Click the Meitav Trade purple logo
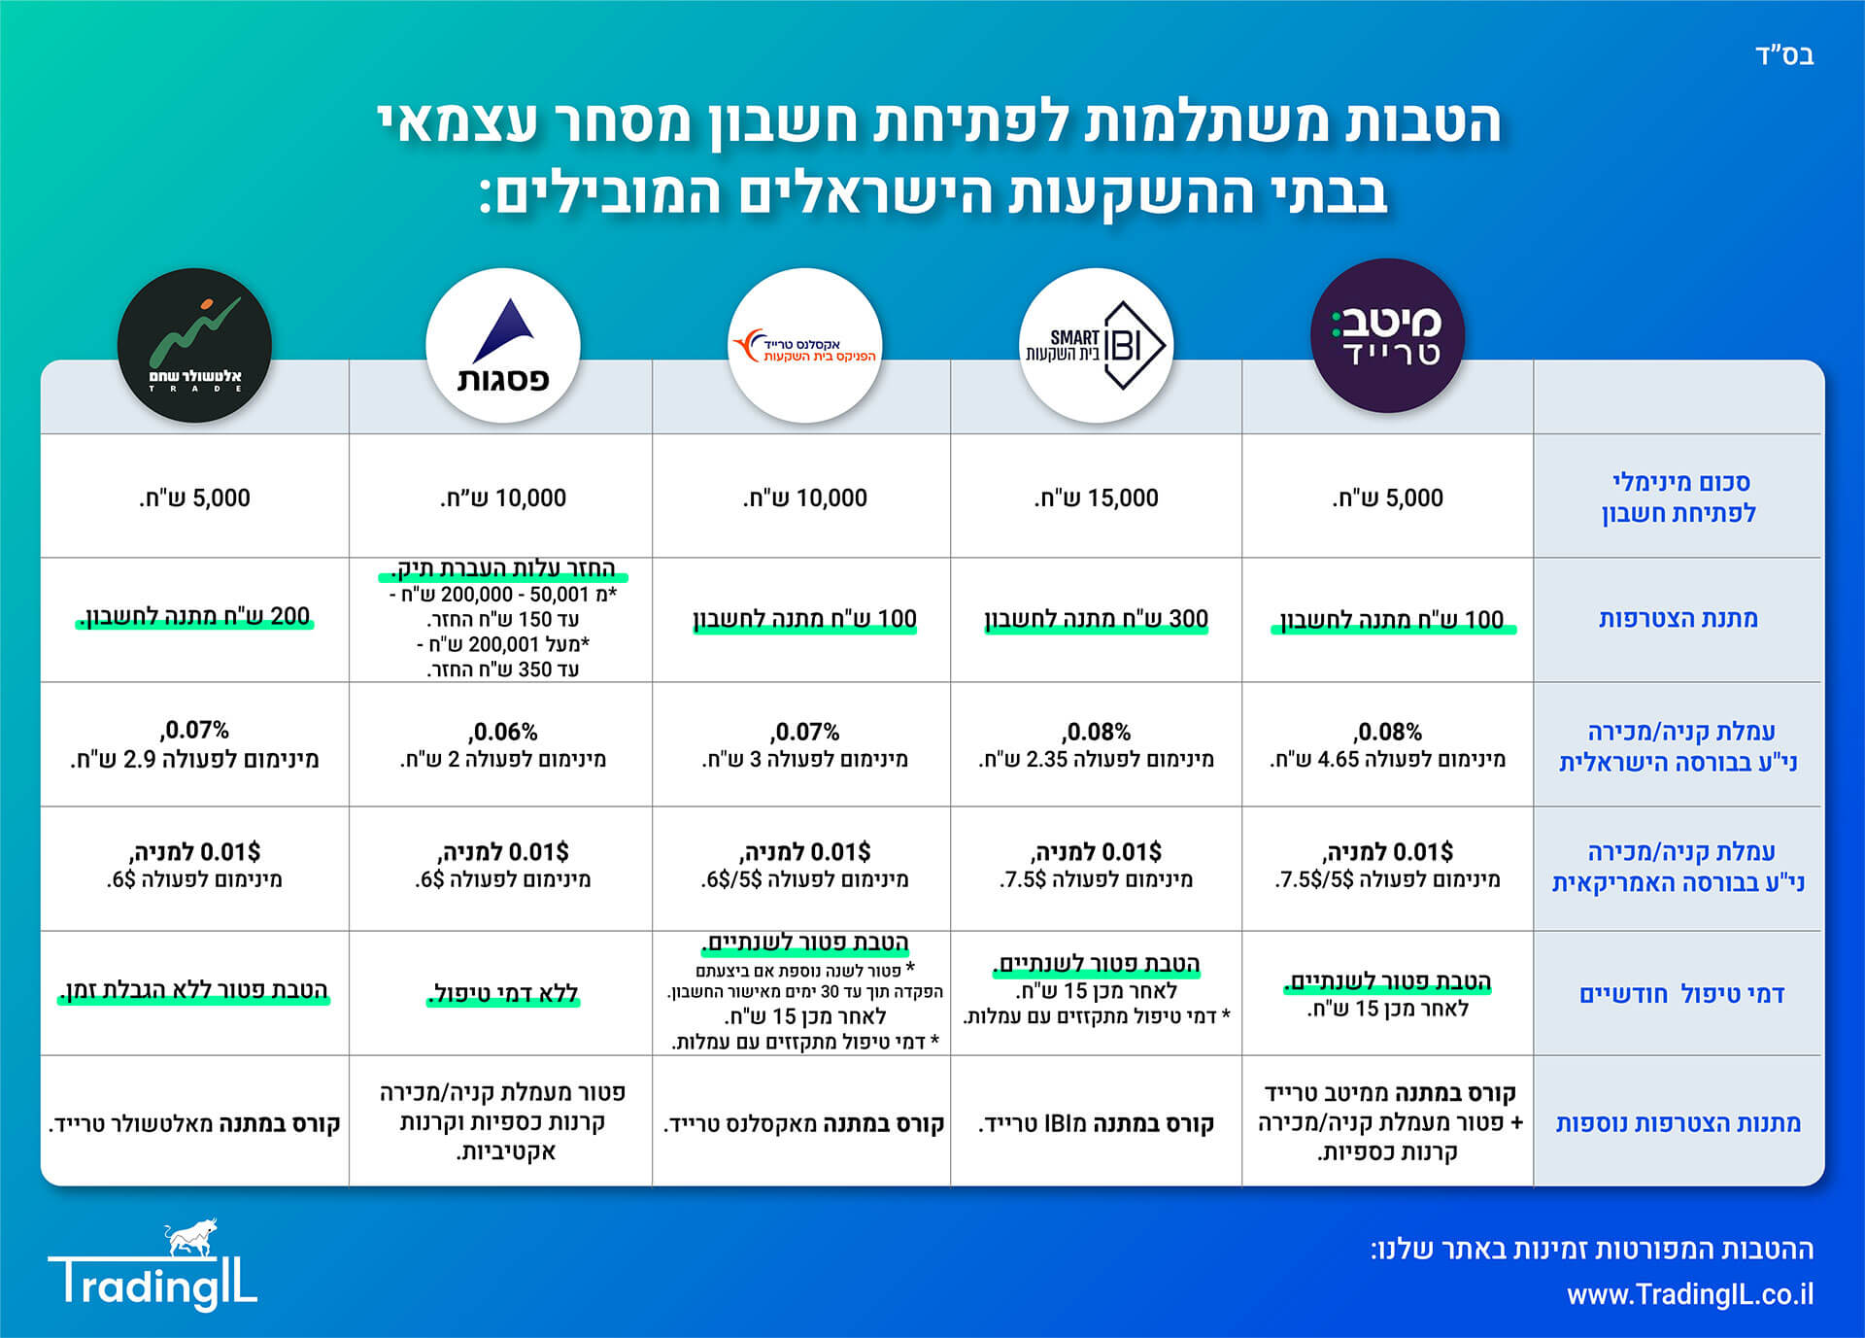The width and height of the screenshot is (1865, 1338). [x=1387, y=336]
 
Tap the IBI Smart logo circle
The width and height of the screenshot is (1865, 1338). [x=1096, y=346]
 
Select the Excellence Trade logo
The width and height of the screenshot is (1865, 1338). [x=804, y=346]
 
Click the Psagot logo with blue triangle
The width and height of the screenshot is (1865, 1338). [x=503, y=346]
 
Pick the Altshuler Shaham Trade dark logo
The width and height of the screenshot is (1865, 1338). [x=194, y=346]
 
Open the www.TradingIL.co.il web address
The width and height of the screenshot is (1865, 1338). [x=1689, y=1294]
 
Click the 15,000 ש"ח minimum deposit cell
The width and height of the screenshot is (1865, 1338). [x=1096, y=498]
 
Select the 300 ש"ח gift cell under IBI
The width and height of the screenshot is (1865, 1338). [x=1096, y=619]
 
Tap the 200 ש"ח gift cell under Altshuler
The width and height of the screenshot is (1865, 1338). [x=194, y=616]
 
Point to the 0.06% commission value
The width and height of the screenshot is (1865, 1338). [x=503, y=731]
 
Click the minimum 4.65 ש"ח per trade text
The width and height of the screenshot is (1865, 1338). [x=1387, y=759]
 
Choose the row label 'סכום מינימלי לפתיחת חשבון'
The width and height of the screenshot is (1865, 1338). [x=1678, y=497]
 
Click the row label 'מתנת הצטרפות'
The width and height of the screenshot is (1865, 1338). [x=1678, y=619]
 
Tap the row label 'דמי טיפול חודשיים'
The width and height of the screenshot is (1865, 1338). [x=1681, y=994]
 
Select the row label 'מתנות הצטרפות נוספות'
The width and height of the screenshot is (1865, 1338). [x=1678, y=1123]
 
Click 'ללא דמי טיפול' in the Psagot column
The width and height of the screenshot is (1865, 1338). [x=503, y=993]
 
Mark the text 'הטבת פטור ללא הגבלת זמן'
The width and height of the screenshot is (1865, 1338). [x=194, y=990]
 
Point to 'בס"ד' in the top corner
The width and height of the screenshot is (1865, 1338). [x=1784, y=55]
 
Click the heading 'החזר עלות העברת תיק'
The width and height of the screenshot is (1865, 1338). [x=503, y=568]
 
